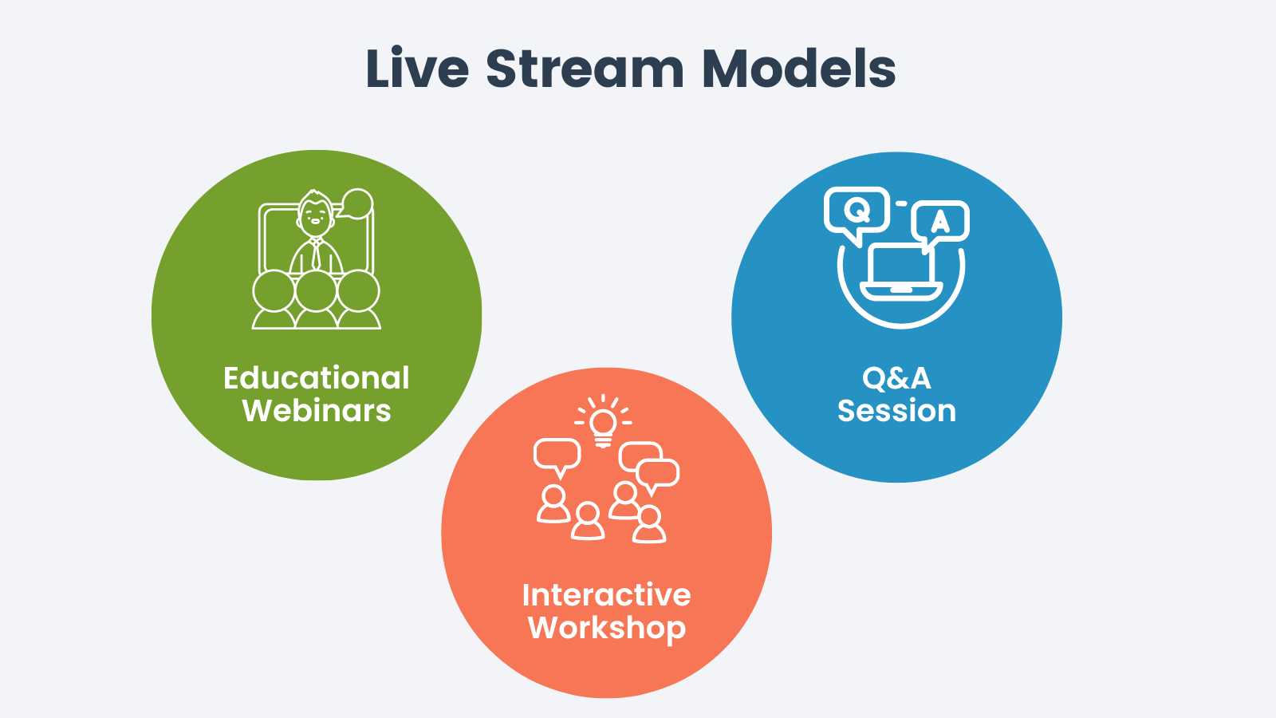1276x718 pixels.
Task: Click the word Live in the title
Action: click(416, 69)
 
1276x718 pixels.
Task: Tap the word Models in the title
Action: click(798, 69)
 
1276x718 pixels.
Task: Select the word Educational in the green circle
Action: click(316, 378)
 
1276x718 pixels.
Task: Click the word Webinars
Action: click(316, 411)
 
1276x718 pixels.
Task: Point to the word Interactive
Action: click(606, 595)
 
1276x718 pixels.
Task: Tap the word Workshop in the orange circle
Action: click(606, 628)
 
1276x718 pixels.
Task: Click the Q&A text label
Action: click(896, 378)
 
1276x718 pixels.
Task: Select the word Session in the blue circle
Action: click(896, 411)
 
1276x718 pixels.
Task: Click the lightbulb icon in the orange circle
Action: click(604, 424)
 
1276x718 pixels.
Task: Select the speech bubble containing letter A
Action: click(941, 221)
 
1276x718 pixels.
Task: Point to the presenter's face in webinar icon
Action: click(315, 214)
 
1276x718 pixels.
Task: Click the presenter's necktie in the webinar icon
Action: click(317, 255)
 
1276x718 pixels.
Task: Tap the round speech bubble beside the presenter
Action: click(356, 203)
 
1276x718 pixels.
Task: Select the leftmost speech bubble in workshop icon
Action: click(557, 456)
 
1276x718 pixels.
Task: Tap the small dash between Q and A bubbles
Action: click(901, 203)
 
